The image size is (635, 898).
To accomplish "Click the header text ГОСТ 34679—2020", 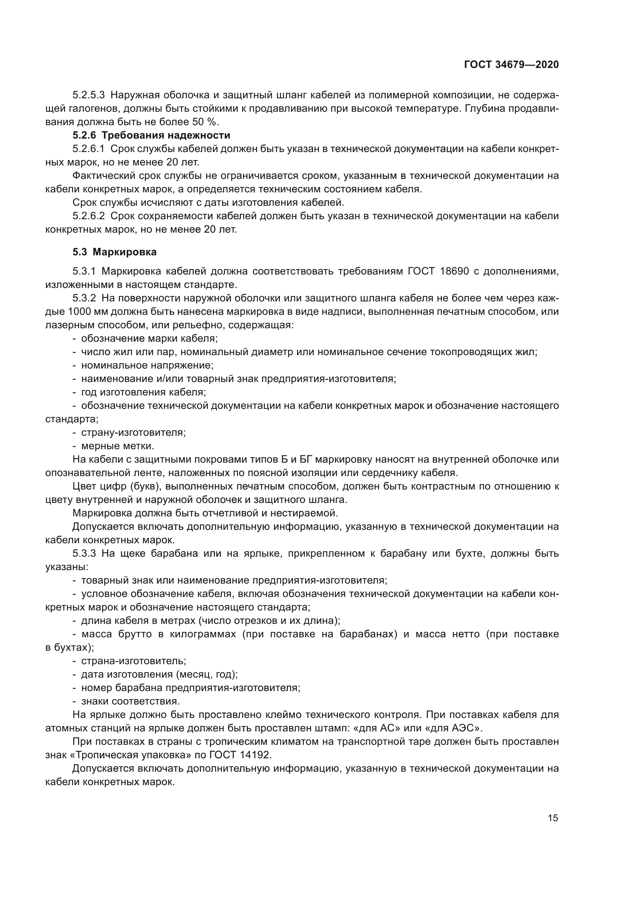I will coord(511,65).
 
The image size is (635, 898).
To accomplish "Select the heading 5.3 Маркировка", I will coord(114,252).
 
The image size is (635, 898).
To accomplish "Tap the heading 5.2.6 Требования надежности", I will coord(151,135).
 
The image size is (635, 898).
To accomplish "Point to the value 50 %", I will coord(204,122).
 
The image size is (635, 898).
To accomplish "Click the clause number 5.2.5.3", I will coord(88,95).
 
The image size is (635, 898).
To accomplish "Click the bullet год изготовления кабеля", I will coord(143,392).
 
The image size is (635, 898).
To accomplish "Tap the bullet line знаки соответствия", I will coord(130,701).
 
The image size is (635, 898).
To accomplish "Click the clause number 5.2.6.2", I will coord(88,216).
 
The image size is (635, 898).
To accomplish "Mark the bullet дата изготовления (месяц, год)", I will coord(159,674).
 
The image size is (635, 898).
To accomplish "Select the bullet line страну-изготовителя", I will coord(133,433).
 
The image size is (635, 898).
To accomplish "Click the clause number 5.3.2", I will coord(84,298).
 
